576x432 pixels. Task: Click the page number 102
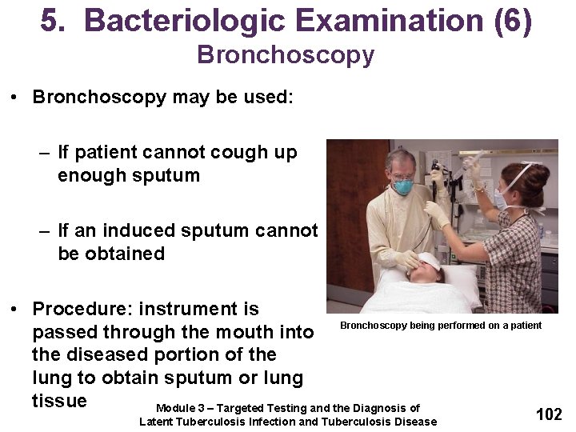(549, 414)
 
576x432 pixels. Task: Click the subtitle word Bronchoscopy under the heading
(286, 55)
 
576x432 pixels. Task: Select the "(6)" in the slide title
(513, 22)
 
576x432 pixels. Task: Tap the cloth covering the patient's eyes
(428, 261)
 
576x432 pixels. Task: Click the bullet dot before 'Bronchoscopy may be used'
(15, 98)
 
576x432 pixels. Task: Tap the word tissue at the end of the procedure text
(59, 400)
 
